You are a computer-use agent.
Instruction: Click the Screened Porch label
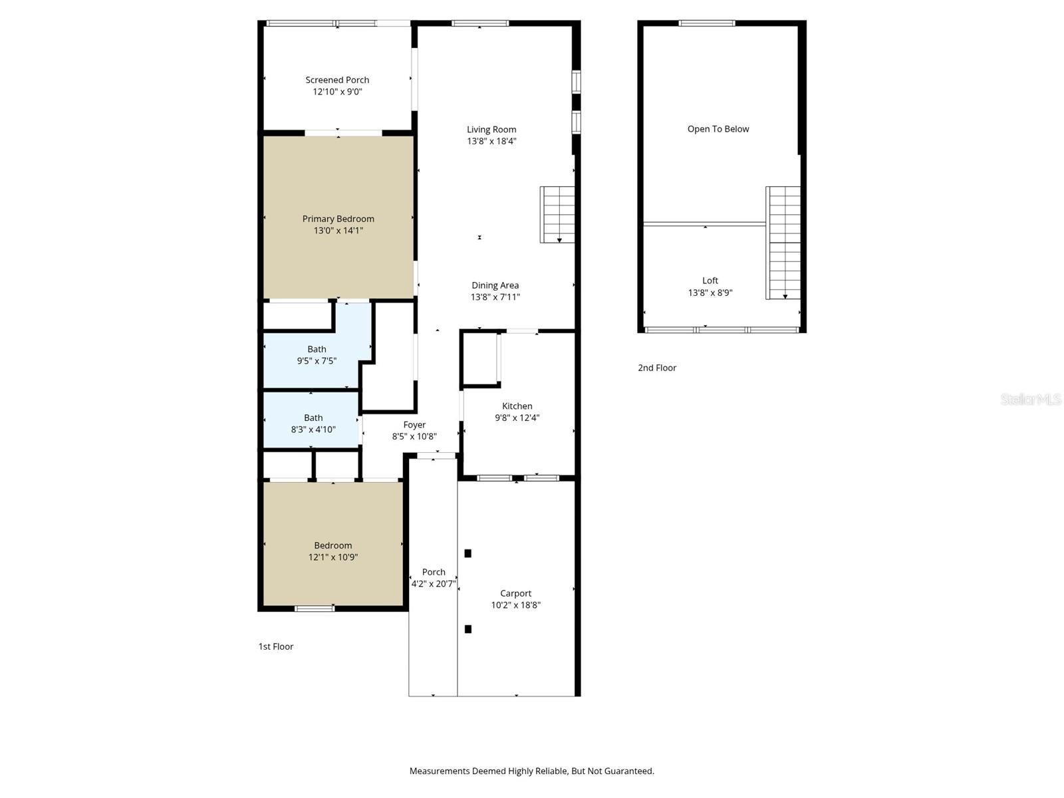coord(337,80)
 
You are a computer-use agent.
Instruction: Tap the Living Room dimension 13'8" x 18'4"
coord(491,142)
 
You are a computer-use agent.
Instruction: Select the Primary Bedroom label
coord(338,219)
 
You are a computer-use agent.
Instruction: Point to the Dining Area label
coord(495,285)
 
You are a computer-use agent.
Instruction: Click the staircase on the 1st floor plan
coord(557,214)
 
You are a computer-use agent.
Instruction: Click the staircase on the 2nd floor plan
coord(783,243)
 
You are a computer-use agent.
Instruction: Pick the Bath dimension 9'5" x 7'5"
coord(317,361)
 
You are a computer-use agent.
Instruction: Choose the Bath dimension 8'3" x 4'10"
coord(313,430)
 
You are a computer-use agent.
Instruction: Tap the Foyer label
coord(414,425)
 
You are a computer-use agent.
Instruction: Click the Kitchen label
coord(517,406)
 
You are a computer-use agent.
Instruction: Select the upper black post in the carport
coord(468,553)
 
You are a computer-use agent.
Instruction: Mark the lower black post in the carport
coord(468,629)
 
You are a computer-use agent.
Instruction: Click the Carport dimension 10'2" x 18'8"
coord(515,605)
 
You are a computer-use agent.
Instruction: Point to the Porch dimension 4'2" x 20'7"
coord(434,584)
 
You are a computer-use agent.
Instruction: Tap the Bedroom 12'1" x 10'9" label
coord(333,545)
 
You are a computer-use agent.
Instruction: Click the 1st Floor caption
coord(275,646)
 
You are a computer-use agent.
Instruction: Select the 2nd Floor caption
coord(657,368)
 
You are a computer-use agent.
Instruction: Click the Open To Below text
coord(718,129)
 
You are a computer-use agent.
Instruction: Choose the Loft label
coord(710,281)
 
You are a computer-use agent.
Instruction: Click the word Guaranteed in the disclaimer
coord(630,771)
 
